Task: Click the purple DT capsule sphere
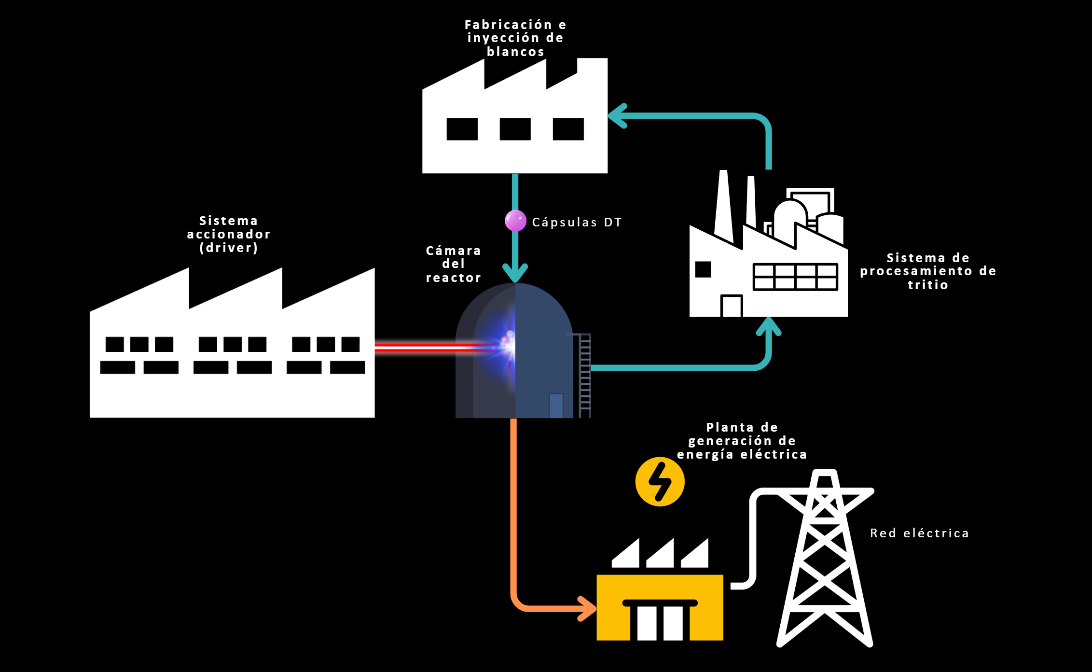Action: coord(515,221)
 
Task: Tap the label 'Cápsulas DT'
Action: coord(577,223)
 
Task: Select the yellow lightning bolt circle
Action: coord(660,481)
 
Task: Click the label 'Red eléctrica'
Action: coord(920,533)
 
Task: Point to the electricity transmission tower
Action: coord(825,558)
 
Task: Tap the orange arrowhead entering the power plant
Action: coord(588,609)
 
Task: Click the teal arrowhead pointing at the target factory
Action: coord(618,116)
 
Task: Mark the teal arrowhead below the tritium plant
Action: coord(768,326)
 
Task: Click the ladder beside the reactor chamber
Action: coord(585,376)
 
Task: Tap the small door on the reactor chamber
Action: coord(556,406)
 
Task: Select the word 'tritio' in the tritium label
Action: coord(928,285)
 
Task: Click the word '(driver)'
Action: coord(229,248)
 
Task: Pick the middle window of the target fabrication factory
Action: coord(515,129)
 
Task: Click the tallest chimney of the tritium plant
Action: coord(723,207)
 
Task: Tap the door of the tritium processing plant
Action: coord(732,306)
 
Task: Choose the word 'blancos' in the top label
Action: coord(515,52)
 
